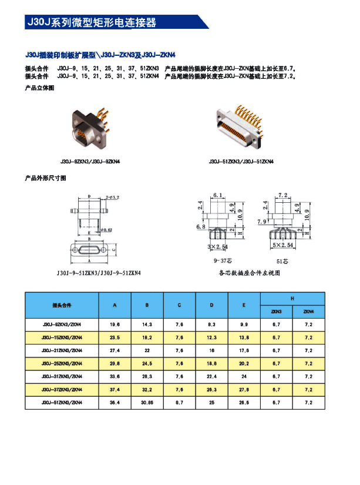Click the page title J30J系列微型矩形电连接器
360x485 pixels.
[x=92, y=23]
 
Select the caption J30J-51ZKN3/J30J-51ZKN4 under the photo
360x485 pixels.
[x=241, y=161]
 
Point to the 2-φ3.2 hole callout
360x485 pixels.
[x=113, y=197]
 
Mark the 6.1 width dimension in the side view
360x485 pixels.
[x=218, y=195]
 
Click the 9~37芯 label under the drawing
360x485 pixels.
[x=223, y=259]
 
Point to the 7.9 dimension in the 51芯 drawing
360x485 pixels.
[x=261, y=222]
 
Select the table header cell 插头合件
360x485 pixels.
[x=62, y=306]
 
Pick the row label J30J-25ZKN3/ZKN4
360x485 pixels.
[x=62, y=363]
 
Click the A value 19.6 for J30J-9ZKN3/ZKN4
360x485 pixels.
[x=115, y=325]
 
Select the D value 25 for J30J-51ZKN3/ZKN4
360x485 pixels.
[x=211, y=403]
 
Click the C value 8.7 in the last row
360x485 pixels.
[x=179, y=403]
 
